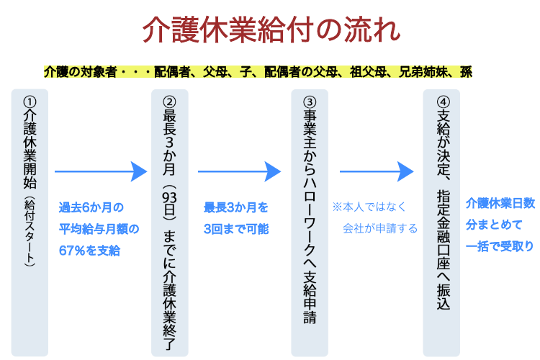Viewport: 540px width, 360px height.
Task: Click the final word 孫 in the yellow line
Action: pos(466,73)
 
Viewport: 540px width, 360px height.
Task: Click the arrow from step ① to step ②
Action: pos(100,171)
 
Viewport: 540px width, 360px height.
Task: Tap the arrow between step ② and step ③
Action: pos(239,171)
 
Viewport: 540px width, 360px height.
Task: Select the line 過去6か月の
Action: pos(91,207)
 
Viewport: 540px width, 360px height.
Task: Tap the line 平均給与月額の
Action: pos(99,229)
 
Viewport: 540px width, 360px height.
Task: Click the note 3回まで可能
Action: pos(235,229)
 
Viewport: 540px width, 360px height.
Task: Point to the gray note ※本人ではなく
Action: pos(370,207)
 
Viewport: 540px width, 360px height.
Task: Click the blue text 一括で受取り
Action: pos(500,246)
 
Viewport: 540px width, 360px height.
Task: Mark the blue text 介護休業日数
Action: pos(500,203)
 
